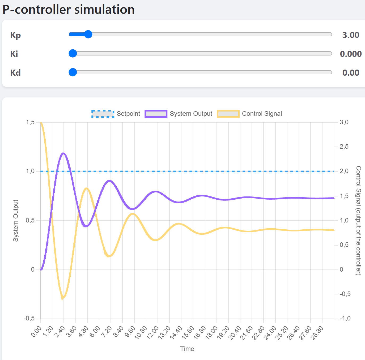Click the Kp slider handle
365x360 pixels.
(x=88, y=34)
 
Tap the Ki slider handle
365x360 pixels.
(x=73, y=53)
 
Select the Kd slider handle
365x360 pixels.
(x=73, y=72)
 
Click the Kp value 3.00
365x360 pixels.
(x=351, y=35)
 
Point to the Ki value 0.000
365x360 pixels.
(x=351, y=54)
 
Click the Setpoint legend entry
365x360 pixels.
(x=116, y=114)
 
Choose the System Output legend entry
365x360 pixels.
(x=179, y=114)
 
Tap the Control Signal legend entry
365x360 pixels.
(x=249, y=114)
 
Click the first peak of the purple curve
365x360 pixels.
(x=63, y=153)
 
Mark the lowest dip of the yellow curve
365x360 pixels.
(x=63, y=298)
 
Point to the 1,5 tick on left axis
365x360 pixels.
(x=30, y=122)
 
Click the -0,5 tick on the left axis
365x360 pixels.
(x=29, y=319)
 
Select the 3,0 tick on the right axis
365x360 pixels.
(x=344, y=122)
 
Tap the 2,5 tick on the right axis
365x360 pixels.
(x=344, y=147)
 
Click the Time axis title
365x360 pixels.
(x=187, y=349)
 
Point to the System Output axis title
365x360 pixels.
(x=16, y=221)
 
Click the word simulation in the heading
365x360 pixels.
(x=104, y=10)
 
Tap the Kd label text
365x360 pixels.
(x=15, y=73)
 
